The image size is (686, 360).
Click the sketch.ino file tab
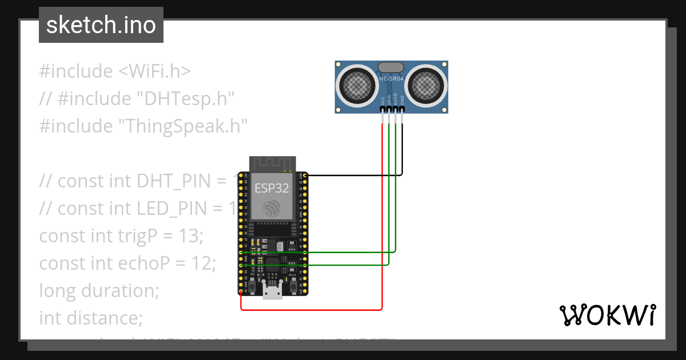coord(101,25)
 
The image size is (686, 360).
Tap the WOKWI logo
coord(607,315)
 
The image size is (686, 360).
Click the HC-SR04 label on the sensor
coord(392,79)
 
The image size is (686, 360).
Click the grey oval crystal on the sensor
coord(392,67)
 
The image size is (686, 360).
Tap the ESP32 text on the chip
coord(272,188)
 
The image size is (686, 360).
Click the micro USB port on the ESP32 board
coord(272,293)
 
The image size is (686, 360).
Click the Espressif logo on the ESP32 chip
coord(272,209)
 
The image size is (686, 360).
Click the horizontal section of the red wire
coord(312,310)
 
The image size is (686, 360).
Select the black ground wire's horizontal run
coord(354,175)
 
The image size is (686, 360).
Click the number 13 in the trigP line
coord(193,235)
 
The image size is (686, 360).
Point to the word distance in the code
coord(101,318)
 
